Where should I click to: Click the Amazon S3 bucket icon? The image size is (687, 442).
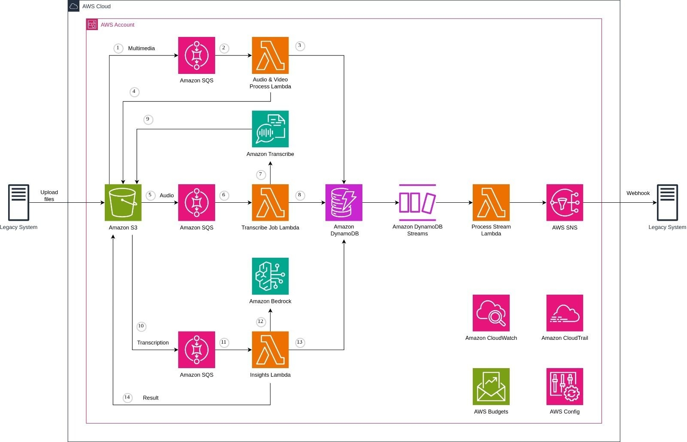[x=123, y=202]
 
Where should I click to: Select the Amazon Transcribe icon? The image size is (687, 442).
[x=270, y=129]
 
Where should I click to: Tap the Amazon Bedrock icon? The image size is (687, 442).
[x=270, y=276]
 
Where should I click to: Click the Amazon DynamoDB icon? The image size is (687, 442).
[x=343, y=202]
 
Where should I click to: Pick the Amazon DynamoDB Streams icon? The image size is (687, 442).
[x=417, y=202]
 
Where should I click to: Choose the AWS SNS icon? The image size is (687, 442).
[x=565, y=202]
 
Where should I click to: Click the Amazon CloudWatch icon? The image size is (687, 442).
[x=491, y=313]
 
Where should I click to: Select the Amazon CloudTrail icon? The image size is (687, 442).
[x=565, y=313]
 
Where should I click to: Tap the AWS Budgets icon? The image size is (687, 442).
[x=491, y=386]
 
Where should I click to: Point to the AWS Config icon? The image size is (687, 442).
[x=565, y=386]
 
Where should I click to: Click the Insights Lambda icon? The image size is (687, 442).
[x=270, y=350]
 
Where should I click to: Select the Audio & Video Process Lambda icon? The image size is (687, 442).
[x=270, y=55]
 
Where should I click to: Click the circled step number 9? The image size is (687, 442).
[x=148, y=119]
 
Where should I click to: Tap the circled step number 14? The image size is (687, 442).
[x=127, y=397]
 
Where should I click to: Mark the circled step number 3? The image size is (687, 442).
[x=300, y=46]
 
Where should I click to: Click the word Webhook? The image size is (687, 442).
[x=638, y=193]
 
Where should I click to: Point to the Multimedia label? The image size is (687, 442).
[x=141, y=49]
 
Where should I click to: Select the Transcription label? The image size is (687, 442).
[x=153, y=343]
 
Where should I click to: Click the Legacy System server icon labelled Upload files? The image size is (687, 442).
[x=19, y=202]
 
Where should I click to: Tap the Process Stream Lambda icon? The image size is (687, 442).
[x=491, y=202]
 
